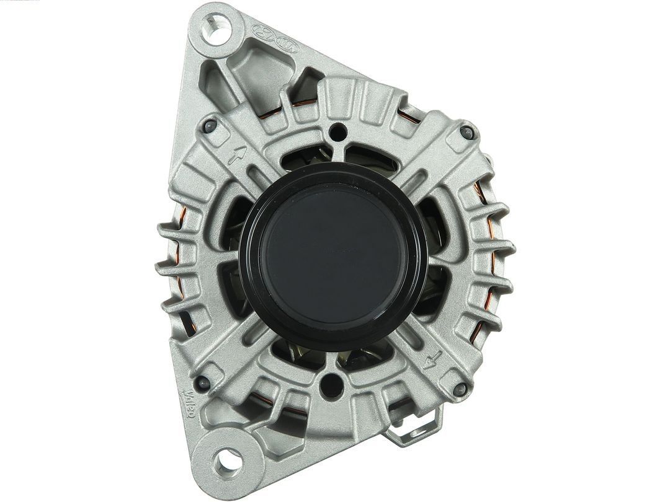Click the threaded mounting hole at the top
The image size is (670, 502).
pyautogui.click(x=215, y=29)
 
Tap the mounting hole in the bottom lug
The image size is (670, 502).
pyautogui.click(x=226, y=459)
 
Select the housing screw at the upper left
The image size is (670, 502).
pyautogui.click(x=210, y=126)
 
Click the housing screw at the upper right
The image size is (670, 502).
pyautogui.click(x=467, y=131)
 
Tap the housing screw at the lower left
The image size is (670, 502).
pyautogui.click(x=201, y=382)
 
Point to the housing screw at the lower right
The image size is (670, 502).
pyautogui.click(x=460, y=389)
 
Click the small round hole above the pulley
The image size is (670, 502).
pyautogui.click(x=337, y=131)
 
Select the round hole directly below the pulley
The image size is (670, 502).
pyautogui.click(x=332, y=384)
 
